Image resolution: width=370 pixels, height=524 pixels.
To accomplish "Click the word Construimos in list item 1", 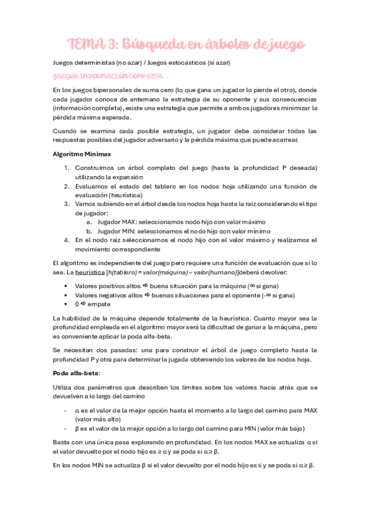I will click(95, 168).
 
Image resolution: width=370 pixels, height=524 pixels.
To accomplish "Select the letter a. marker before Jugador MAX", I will click(89, 222).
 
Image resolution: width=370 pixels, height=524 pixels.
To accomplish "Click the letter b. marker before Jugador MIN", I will click(89, 230).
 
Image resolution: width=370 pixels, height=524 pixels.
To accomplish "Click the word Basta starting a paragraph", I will click(62, 442).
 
